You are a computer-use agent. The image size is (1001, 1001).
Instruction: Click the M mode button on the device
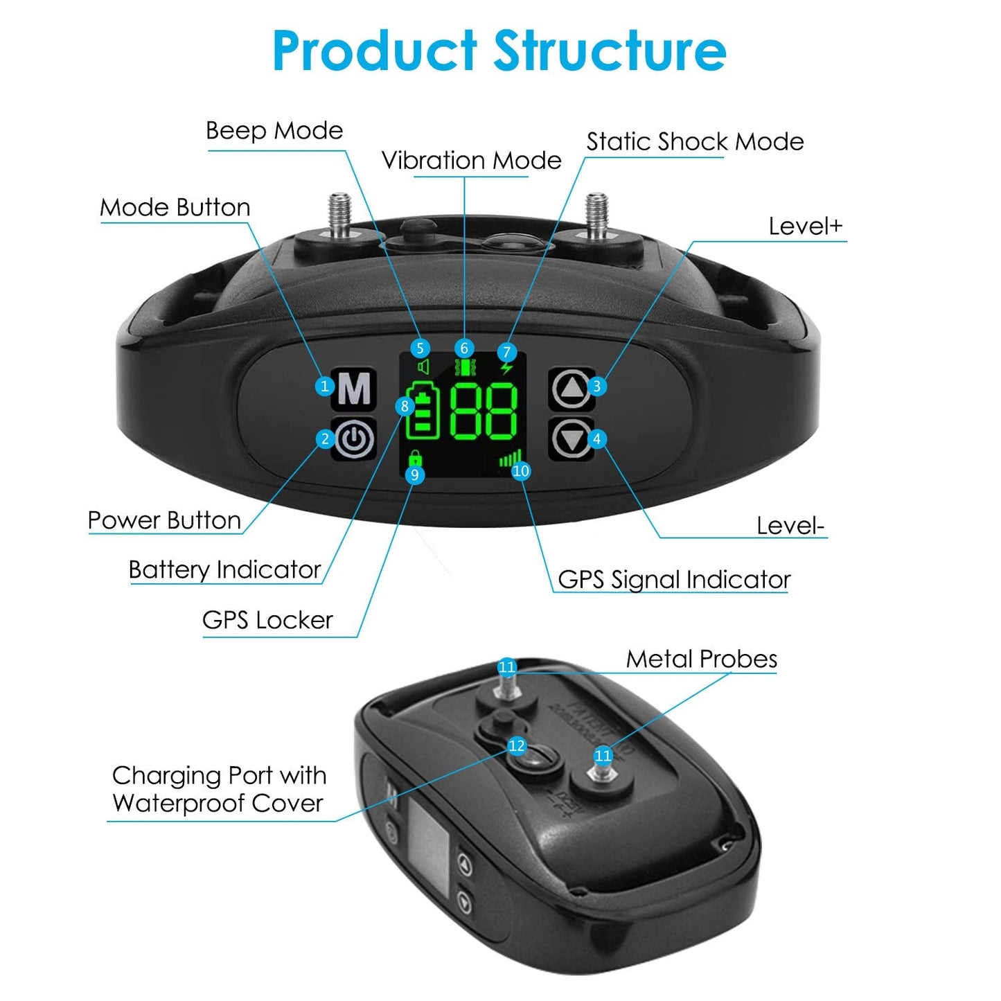click(x=355, y=389)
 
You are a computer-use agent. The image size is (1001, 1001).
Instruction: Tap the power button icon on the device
click(x=355, y=439)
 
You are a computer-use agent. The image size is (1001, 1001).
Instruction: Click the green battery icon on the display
click(x=423, y=411)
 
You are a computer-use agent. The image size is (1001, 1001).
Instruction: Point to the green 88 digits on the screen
click(x=484, y=411)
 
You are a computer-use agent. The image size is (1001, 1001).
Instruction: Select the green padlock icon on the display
click(x=415, y=459)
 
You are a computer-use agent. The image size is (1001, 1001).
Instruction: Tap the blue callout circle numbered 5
click(x=419, y=348)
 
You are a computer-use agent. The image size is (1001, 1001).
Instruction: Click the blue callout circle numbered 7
click(x=506, y=353)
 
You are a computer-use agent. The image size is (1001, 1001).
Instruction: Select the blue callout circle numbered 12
click(x=517, y=746)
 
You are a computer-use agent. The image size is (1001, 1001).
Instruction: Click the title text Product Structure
click(x=499, y=51)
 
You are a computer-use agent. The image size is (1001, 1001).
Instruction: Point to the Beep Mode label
click(x=274, y=131)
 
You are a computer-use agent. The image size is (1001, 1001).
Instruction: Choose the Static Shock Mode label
click(x=695, y=142)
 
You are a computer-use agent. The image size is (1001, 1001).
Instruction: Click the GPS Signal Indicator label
click(x=674, y=580)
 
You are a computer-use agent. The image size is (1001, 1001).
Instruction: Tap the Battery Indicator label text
click(x=224, y=570)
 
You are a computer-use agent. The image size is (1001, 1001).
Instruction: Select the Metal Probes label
click(x=701, y=659)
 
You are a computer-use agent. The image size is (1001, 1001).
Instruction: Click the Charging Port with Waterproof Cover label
click(x=218, y=789)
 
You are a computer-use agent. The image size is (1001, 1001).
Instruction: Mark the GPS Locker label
click(x=267, y=620)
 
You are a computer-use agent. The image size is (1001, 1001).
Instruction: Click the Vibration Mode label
click(x=471, y=161)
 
